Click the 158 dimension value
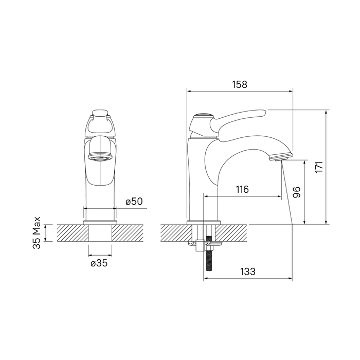[x=240, y=84]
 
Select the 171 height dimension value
[x=319, y=167]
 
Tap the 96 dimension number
[x=296, y=192]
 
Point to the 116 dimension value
[x=242, y=189]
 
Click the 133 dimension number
[x=248, y=272]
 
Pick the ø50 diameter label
[x=134, y=202]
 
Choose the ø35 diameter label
[x=99, y=263]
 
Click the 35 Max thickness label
[x=37, y=232]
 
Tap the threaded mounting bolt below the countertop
[x=209, y=254]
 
